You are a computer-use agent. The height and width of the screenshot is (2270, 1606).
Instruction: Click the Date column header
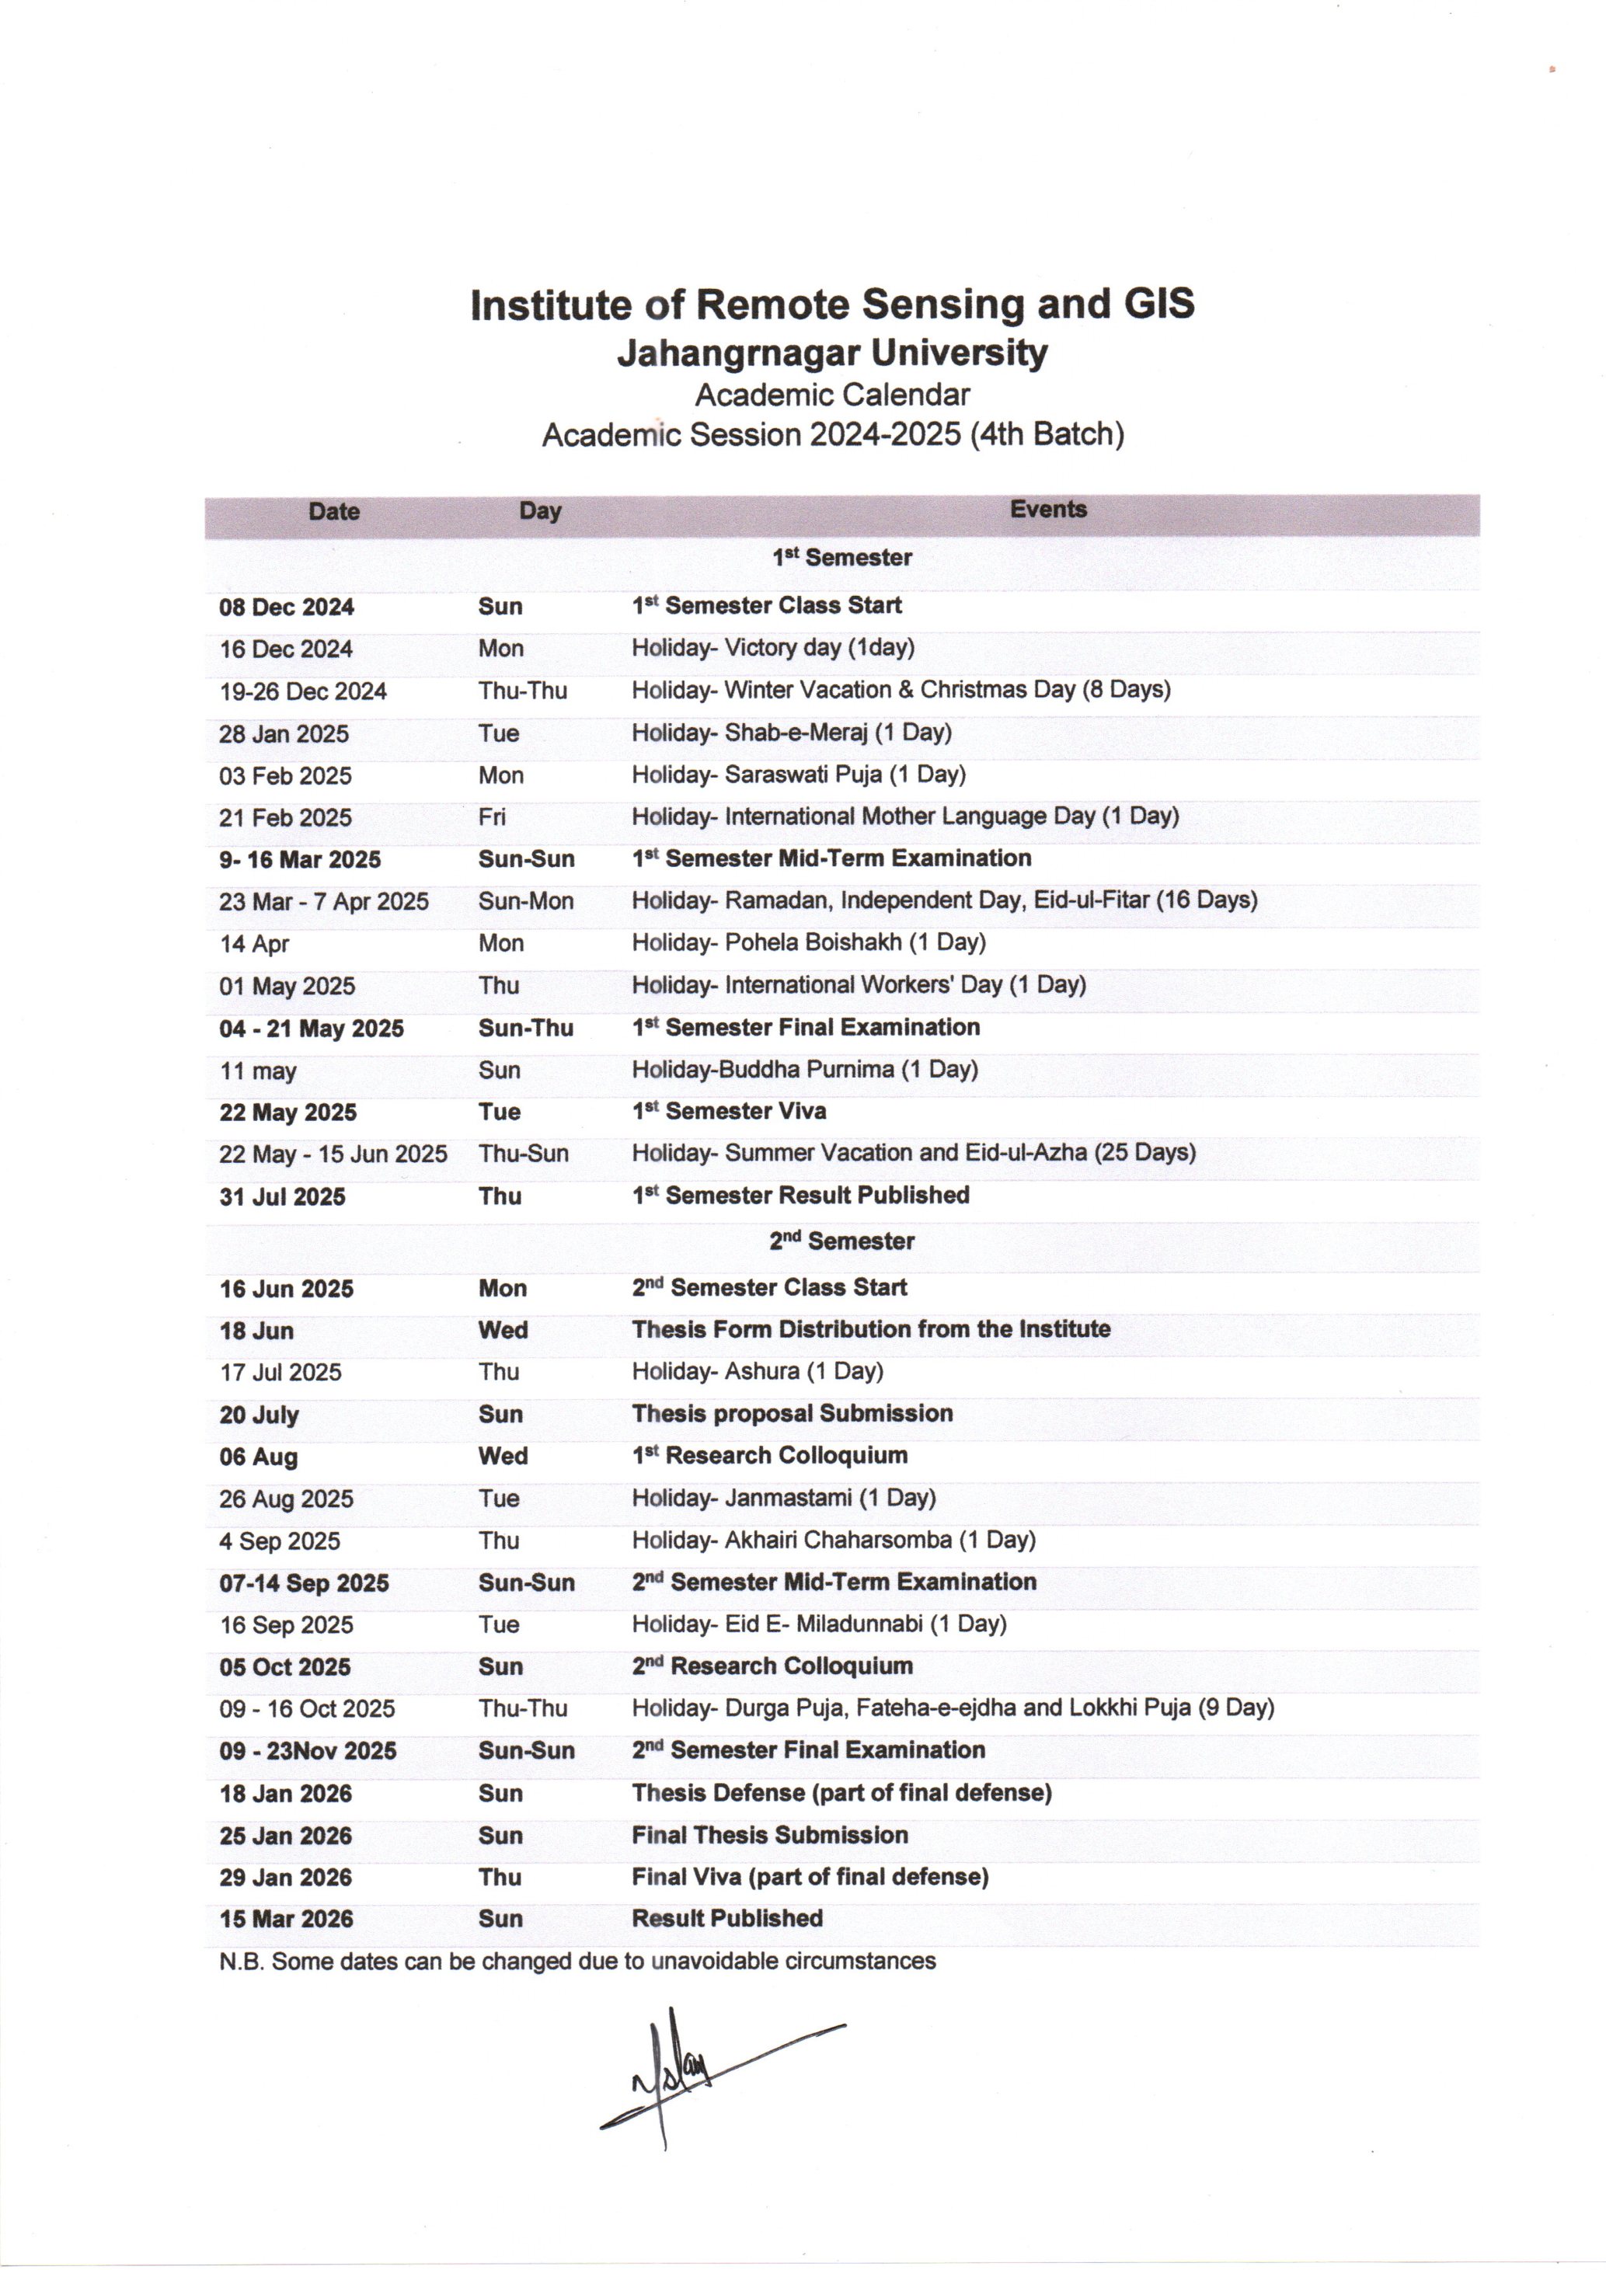(x=333, y=511)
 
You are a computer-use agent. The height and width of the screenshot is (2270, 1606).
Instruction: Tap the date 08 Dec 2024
(x=285, y=607)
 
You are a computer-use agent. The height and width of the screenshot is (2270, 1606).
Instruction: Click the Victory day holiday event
(x=772, y=648)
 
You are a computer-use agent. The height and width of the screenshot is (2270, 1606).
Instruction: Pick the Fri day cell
(x=492, y=816)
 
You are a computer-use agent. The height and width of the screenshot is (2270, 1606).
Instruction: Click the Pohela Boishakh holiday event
(x=808, y=942)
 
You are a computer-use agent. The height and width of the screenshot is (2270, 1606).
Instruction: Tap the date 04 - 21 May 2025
(x=312, y=1029)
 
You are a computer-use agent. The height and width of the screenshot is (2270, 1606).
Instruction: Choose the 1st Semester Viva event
(x=729, y=1111)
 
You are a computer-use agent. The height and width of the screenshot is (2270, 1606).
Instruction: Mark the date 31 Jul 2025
(x=282, y=1196)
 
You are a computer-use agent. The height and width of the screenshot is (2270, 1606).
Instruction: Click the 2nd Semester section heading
(x=841, y=1241)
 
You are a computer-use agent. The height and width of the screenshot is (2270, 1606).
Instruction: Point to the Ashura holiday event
(x=757, y=1371)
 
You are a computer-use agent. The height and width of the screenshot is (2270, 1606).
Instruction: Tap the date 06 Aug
(x=258, y=1457)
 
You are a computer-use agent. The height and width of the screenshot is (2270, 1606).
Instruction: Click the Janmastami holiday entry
(x=783, y=1498)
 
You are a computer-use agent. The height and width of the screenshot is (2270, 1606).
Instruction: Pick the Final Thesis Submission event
(x=769, y=1835)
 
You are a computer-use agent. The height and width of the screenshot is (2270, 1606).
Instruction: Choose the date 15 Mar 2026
(x=286, y=1919)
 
